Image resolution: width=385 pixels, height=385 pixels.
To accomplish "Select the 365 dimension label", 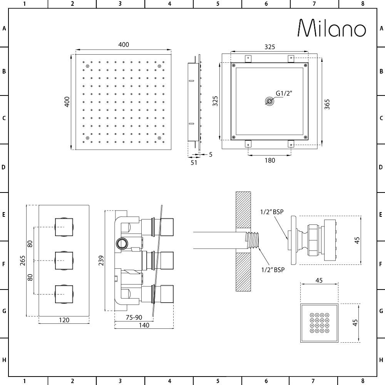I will tap(327, 104).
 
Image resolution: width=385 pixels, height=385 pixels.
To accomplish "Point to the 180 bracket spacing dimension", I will tap(270, 160).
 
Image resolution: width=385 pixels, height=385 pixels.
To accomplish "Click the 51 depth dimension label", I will tap(194, 162).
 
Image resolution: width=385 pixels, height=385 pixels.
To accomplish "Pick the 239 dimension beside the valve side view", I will tap(101, 260).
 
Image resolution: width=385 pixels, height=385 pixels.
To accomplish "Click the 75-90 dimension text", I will tap(134, 317).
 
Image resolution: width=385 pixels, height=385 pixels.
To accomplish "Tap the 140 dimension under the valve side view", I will tap(144, 325).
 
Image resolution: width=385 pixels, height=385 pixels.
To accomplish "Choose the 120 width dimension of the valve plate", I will tap(64, 320).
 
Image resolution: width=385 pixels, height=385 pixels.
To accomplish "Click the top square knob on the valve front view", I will tap(64, 227).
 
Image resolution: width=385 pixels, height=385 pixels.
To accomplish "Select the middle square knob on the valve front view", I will tap(64, 261).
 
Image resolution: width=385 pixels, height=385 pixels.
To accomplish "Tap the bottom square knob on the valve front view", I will tap(64, 294).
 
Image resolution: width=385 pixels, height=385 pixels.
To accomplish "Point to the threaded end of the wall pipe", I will tap(253, 240).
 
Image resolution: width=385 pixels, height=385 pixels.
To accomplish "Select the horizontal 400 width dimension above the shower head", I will tap(124, 45).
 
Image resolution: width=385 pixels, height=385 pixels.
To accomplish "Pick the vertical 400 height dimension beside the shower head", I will tap(67, 102).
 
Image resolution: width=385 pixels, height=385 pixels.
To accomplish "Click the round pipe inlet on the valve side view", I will tap(123, 243).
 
